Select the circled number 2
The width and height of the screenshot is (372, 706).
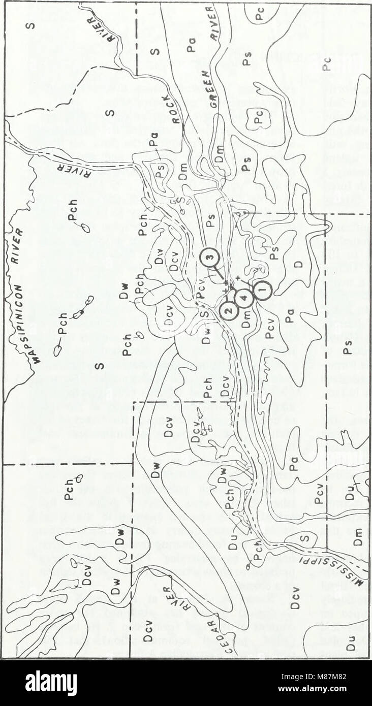pyautogui.click(x=229, y=309)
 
